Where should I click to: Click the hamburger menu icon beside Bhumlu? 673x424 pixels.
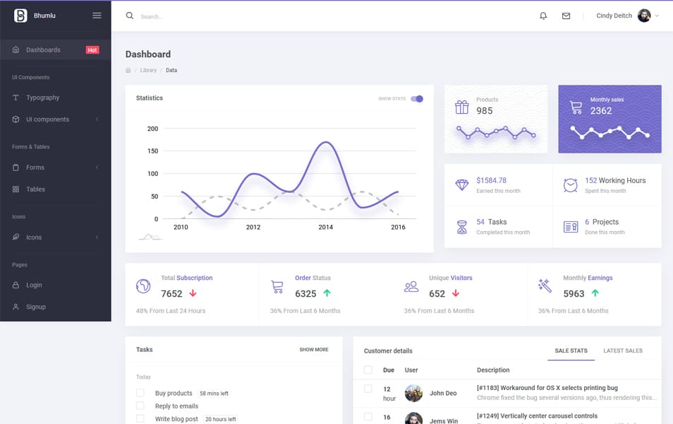click(97, 16)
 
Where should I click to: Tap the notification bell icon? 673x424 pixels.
click(543, 16)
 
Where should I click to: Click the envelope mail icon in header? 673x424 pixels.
click(566, 16)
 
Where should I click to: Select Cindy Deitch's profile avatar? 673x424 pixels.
click(644, 16)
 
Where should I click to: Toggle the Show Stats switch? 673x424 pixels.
click(417, 99)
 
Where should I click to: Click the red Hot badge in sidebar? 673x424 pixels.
click(92, 50)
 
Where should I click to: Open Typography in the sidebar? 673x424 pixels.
click(42, 98)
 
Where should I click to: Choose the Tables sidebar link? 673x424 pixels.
click(35, 189)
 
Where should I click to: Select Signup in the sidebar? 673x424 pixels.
click(36, 307)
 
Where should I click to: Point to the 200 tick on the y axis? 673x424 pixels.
click(152, 129)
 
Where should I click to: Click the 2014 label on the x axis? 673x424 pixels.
click(325, 228)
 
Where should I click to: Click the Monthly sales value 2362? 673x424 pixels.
click(601, 111)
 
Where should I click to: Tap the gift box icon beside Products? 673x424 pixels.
click(461, 107)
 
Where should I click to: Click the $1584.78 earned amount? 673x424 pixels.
click(491, 181)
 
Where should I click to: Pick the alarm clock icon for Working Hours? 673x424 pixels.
click(570, 185)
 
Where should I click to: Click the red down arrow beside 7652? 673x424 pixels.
click(193, 293)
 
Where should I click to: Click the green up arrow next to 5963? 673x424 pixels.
click(595, 293)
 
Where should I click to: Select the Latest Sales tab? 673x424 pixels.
click(622, 351)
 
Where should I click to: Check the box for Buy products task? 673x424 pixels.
click(140, 393)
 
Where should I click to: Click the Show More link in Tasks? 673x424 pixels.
click(313, 350)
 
